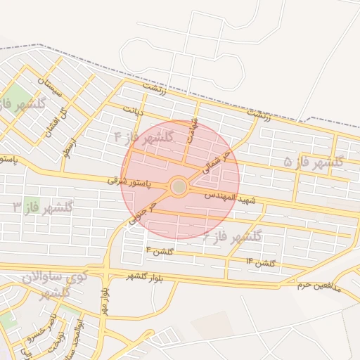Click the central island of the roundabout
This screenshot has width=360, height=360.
[179, 186]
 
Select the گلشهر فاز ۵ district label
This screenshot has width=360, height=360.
[314, 162]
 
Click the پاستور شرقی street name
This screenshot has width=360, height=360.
[127, 181]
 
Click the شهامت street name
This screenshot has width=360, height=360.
[191, 129]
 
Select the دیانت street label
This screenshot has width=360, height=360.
[134, 110]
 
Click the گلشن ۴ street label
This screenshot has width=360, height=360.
[158, 250]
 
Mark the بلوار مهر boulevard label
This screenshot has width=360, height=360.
[104, 300]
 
